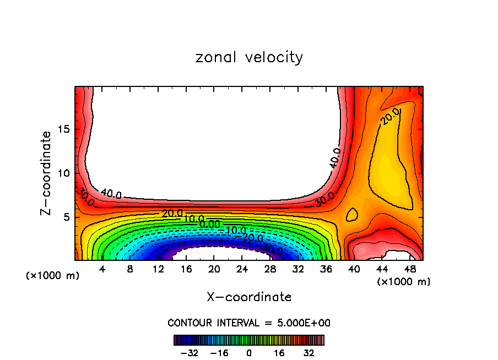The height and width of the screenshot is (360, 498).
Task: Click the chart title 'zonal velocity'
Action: click(x=249, y=57)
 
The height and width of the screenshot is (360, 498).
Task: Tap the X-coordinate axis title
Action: click(x=249, y=297)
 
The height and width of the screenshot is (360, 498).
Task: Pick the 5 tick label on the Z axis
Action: click(x=66, y=217)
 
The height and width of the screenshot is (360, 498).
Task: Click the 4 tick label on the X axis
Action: click(x=102, y=270)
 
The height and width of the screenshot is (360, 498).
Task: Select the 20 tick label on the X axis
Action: click(x=214, y=270)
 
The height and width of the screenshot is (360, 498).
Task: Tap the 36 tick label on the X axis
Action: click(x=326, y=270)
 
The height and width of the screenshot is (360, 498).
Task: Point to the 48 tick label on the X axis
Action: click(x=409, y=270)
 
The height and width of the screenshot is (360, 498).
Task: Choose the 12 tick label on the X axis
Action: click(x=158, y=270)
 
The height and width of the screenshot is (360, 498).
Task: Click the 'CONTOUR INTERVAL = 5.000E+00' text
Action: click(x=249, y=323)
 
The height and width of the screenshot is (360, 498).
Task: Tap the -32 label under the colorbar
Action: click(x=188, y=353)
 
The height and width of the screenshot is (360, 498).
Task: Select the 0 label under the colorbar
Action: click(x=249, y=353)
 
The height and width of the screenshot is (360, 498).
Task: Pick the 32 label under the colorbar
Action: click(x=309, y=353)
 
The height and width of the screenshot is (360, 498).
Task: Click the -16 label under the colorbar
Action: click(x=219, y=353)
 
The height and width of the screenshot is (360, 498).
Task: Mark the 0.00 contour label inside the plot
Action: click(x=210, y=224)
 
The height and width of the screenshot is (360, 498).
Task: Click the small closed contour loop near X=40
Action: click(x=351, y=215)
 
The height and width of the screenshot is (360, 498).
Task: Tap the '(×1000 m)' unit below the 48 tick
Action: click(x=404, y=282)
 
